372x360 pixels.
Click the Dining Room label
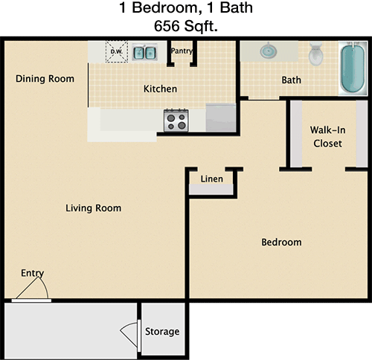[x=45, y=79]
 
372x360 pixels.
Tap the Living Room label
[x=94, y=208]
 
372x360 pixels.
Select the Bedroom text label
[x=282, y=242]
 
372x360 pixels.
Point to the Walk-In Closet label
[x=327, y=137]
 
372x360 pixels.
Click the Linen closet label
[x=212, y=179]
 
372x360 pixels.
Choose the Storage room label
[x=162, y=332]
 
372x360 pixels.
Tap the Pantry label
[x=182, y=51]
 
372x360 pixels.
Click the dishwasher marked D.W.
[x=117, y=52]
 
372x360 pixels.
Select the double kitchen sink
[x=144, y=52]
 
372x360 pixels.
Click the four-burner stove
[x=176, y=121]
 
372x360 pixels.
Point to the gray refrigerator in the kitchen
[x=221, y=118]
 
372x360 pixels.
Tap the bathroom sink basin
[x=269, y=51]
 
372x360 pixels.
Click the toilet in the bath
[x=315, y=54]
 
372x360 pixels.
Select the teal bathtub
[x=353, y=68]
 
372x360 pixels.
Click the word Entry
[x=33, y=273]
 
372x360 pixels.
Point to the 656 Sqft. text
[x=186, y=26]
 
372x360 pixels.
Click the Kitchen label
[x=161, y=89]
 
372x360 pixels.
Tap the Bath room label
[x=292, y=80]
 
